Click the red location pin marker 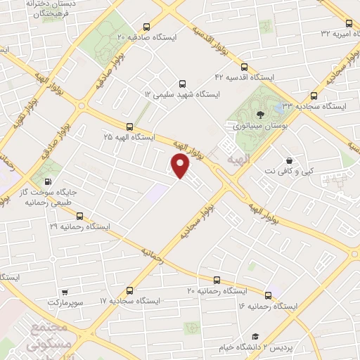pos(181,166)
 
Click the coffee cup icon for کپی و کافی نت pos(289,159)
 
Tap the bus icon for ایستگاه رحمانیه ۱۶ pos(268,295)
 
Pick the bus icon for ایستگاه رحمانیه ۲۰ pos(217,279)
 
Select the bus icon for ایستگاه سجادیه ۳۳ pos(313,96)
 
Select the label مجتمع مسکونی pos(49,337)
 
